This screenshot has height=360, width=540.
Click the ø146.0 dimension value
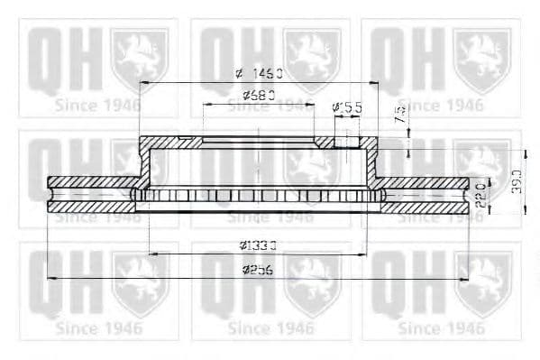[x=263, y=75]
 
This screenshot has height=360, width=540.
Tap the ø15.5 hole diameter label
[x=347, y=107]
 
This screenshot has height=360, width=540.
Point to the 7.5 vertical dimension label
[x=400, y=115]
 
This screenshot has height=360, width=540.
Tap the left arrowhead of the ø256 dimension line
[x=50, y=278]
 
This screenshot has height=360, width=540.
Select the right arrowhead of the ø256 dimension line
[x=466, y=278]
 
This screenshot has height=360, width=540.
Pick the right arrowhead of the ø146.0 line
[x=378, y=83]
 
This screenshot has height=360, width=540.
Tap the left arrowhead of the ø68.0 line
[x=206, y=104]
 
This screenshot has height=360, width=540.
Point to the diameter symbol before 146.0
[x=238, y=75]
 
